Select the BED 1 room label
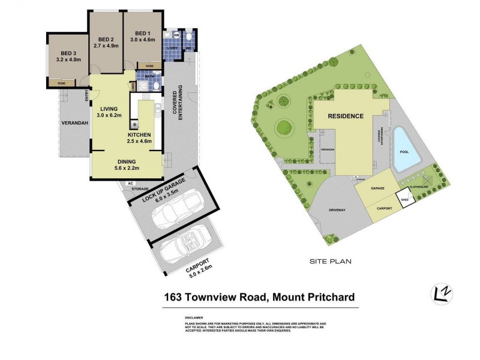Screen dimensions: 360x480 tap(142, 33)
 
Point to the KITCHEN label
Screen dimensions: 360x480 tap(139, 135)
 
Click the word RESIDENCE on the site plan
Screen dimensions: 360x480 tap(345, 116)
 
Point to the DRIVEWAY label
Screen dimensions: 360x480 tap(337, 211)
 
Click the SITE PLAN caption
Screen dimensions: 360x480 tap(329, 262)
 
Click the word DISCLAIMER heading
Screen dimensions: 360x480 tap(194, 318)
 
